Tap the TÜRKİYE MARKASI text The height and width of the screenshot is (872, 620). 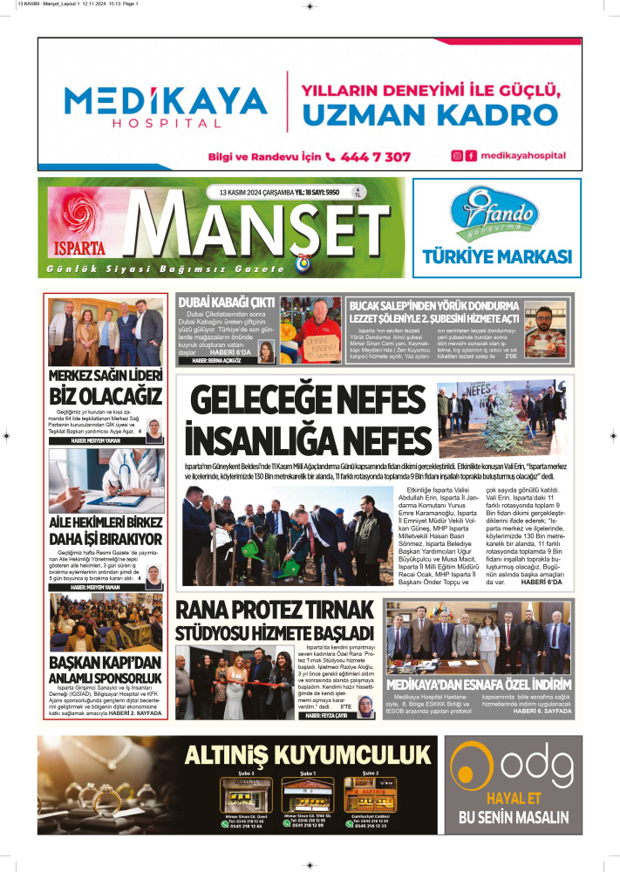tap(496, 257)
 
